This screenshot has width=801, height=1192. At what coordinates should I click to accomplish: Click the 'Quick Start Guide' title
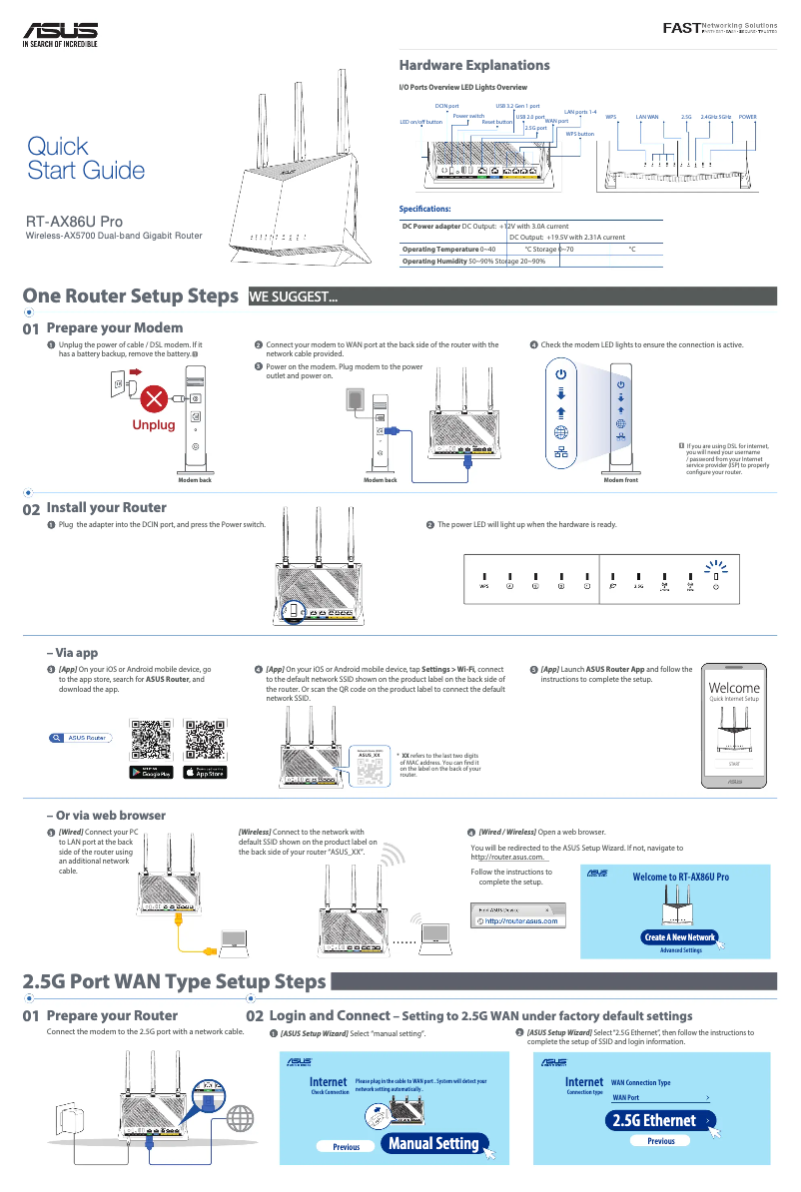coord(86,158)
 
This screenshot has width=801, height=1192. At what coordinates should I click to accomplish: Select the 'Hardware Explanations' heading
coord(474,65)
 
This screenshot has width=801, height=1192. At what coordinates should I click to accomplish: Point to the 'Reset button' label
coord(496,121)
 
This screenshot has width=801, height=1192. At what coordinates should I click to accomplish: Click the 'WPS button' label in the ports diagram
coord(579,133)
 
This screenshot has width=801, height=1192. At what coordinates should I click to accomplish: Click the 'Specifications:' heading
coord(425,209)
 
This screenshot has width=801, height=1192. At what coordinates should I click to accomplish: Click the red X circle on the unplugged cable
coord(154,400)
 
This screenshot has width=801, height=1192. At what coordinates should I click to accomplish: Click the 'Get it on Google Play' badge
coord(152,772)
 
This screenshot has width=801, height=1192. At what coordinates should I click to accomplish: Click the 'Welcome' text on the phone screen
coord(733,688)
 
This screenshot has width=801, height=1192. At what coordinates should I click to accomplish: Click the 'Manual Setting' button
coord(432,1143)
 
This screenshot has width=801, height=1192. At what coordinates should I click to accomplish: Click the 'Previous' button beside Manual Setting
coord(346,1147)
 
